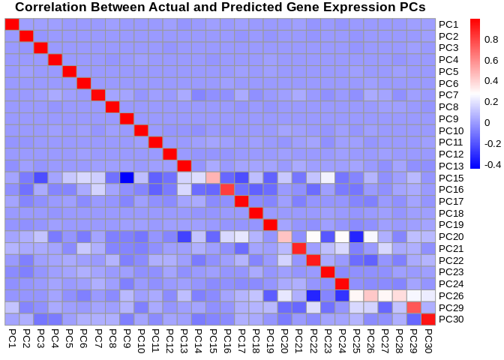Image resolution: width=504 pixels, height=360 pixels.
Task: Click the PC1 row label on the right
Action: [448, 24]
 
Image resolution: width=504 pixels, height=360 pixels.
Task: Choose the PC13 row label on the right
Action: [451, 166]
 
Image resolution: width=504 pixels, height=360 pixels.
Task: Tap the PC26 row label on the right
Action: [451, 295]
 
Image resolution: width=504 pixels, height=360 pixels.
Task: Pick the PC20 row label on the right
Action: [451, 236]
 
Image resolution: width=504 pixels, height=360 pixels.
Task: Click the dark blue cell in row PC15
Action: [127, 177]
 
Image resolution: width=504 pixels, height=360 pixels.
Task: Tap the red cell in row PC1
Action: [12, 24]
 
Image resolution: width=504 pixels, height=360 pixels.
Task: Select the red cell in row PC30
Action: [427, 319]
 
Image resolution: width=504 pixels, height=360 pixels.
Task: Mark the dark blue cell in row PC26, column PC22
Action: [313, 295]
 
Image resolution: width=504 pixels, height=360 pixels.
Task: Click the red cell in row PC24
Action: [341, 283]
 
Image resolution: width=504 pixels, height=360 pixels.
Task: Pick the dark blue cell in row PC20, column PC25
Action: [355, 236]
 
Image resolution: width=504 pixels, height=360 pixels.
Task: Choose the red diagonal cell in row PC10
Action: [141, 130]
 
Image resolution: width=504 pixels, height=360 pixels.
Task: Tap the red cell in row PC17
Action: [241, 201]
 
